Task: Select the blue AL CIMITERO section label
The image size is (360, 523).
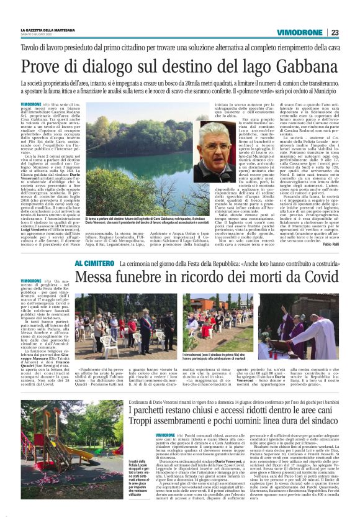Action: [x=94, y=264]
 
